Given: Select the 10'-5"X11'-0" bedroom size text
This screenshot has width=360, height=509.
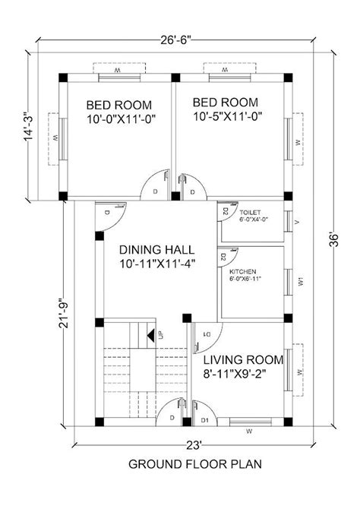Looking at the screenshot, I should tap(226, 119).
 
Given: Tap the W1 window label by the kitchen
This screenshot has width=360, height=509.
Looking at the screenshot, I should tap(302, 281).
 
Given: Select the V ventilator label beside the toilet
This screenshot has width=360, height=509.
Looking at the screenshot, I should tap(297, 222).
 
